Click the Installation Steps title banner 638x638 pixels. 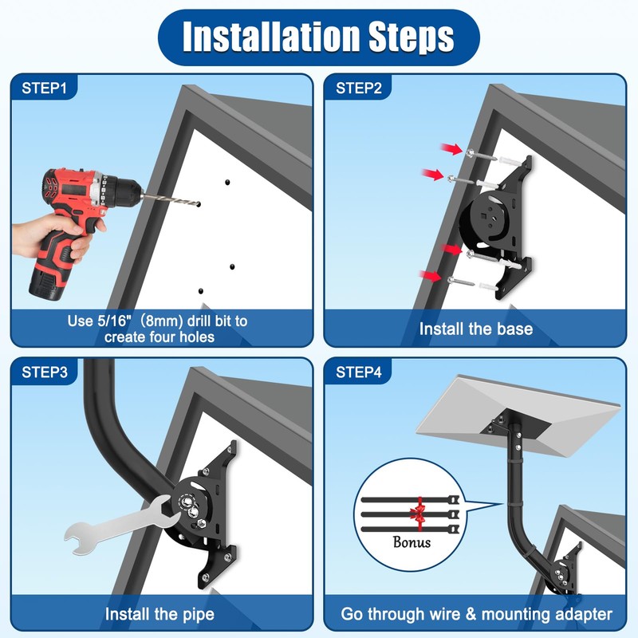[x=319, y=37]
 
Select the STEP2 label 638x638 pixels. [x=359, y=89]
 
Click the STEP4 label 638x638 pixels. [x=359, y=372]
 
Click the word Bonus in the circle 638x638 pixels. [x=412, y=542]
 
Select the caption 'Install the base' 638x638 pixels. [x=476, y=329]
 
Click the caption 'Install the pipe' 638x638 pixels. [x=159, y=614]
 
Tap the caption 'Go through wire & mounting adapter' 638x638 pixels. [x=476, y=614]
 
